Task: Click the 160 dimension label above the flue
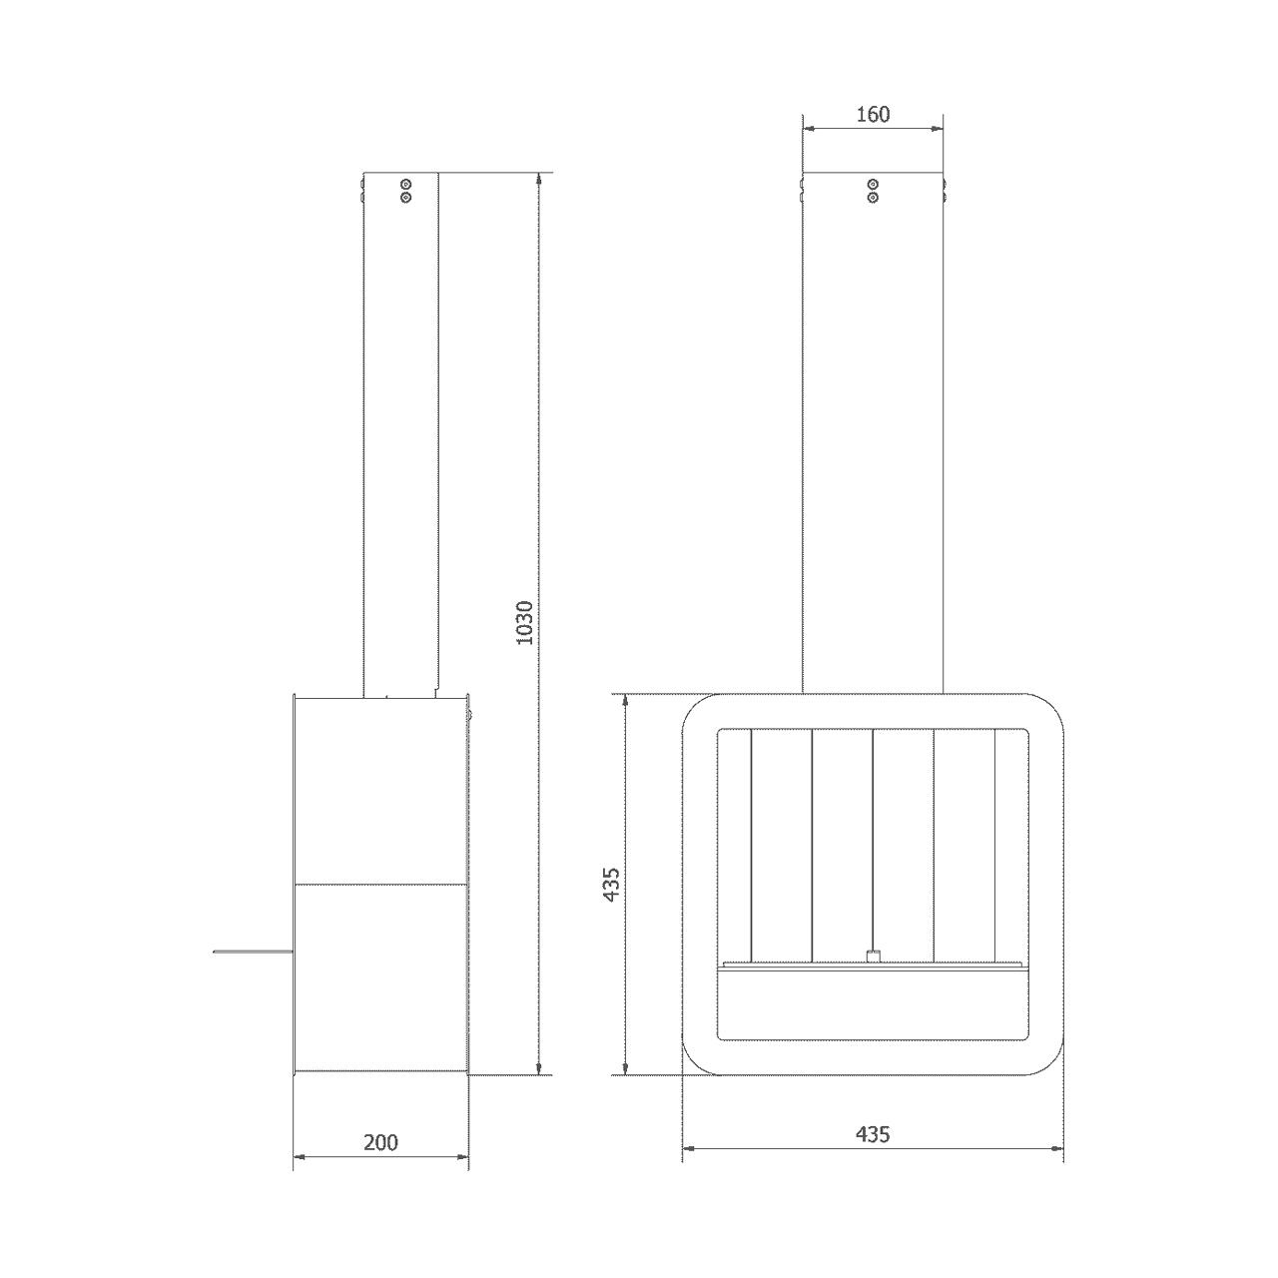coord(872,115)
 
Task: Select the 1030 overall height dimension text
coord(524,623)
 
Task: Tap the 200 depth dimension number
coord(380,1142)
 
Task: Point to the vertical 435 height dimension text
coord(611,884)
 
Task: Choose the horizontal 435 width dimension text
coord(872,1135)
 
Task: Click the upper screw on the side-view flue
coord(406,184)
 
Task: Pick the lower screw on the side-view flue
coord(406,197)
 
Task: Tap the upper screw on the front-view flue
coord(873,184)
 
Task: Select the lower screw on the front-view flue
coord(873,197)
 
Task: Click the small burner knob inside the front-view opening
coord(873,974)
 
